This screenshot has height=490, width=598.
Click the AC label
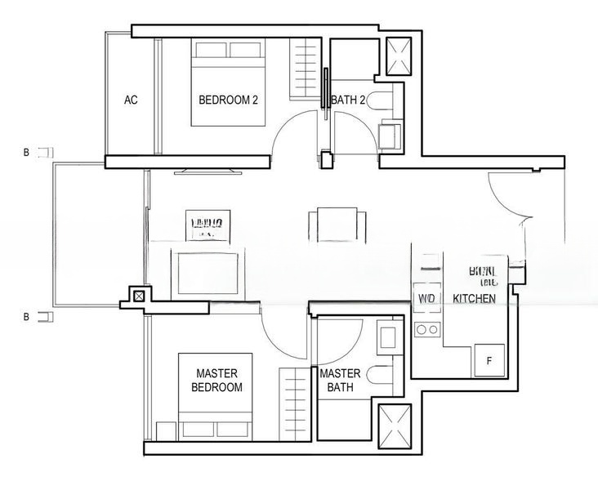(x=131, y=100)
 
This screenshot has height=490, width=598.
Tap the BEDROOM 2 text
(x=229, y=100)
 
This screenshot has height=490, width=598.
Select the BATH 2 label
(x=349, y=100)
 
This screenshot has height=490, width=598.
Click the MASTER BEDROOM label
(x=216, y=381)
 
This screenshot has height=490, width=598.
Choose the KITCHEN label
(x=474, y=300)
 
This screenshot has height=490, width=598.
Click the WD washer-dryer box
(x=426, y=299)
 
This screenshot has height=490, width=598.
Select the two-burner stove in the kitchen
(x=426, y=329)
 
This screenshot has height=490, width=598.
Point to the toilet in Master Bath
(x=382, y=376)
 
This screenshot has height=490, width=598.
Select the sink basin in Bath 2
(x=390, y=135)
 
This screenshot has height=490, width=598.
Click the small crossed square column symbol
(x=140, y=296)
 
